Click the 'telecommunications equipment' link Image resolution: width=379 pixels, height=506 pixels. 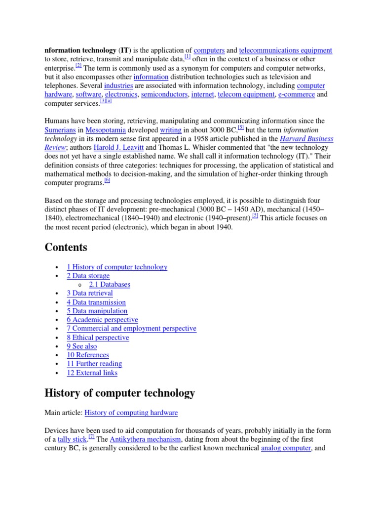(x=285, y=50)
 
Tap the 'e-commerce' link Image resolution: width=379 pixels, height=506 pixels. (x=296, y=94)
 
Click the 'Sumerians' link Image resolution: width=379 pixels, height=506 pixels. (x=60, y=130)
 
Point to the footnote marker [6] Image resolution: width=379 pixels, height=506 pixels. (x=107, y=180)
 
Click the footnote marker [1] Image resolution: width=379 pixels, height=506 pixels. (x=188, y=57)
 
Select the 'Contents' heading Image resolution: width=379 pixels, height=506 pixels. (x=66, y=247)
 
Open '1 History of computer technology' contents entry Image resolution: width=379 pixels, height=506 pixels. (x=117, y=267)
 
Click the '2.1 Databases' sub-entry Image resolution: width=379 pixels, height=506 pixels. (x=110, y=285)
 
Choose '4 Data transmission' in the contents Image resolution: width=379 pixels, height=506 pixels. (x=96, y=302)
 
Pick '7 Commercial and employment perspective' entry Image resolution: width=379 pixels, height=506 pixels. (x=131, y=329)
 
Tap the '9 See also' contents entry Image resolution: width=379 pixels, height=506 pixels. (x=82, y=346)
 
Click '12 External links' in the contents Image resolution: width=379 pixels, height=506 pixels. (x=92, y=373)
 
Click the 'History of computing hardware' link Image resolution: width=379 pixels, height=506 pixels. (x=131, y=413)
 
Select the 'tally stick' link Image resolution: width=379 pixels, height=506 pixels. (x=72, y=439)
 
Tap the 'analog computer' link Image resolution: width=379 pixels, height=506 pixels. (x=286, y=448)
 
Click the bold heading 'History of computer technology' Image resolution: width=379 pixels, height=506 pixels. (x=119, y=393)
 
